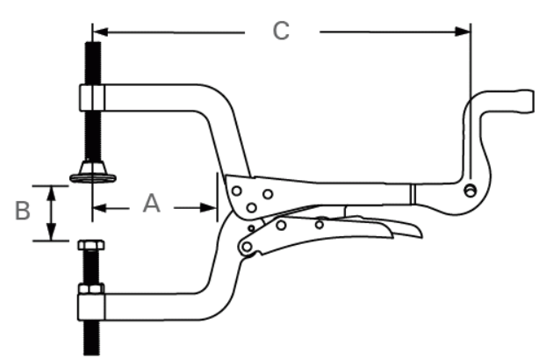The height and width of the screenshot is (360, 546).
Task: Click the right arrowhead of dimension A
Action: tap(211, 208)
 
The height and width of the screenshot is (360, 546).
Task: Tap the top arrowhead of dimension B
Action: tap(53, 190)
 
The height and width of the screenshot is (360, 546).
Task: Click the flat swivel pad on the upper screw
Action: tap(91, 178)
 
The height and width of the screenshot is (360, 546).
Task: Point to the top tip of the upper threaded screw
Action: tap(90, 45)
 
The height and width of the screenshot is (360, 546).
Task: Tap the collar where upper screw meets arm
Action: tap(91, 97)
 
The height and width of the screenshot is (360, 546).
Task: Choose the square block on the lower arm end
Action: tap(90, 306)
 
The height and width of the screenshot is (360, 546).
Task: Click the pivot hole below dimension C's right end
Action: tap(471, 190)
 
